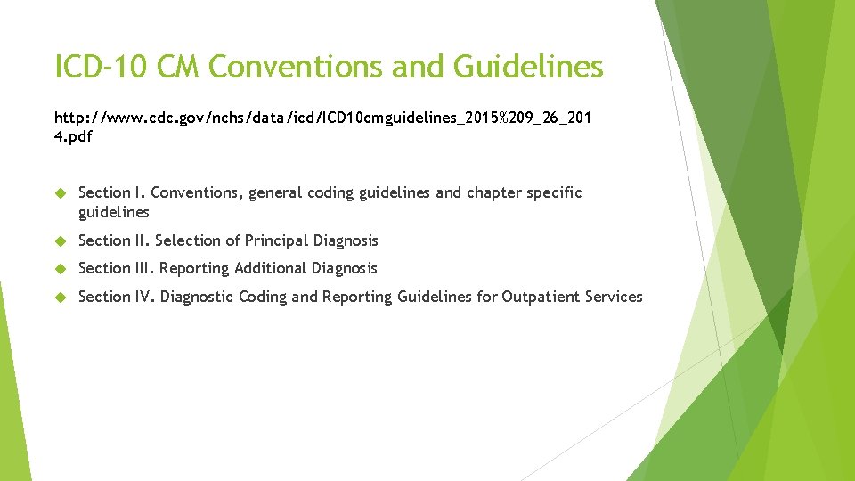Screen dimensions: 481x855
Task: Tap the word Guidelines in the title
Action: (x=527, y=67)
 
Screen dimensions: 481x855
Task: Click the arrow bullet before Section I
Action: (x=61, y=193)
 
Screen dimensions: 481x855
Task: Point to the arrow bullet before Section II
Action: (x=61, y=240)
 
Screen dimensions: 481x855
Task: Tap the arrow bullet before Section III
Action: (x=61, y=268)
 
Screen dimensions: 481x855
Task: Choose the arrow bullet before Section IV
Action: (x=61, y=297)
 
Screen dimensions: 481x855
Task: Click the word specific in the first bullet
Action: (x=554, y=193)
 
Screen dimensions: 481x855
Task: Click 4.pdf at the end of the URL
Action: (x=74, y=137)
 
